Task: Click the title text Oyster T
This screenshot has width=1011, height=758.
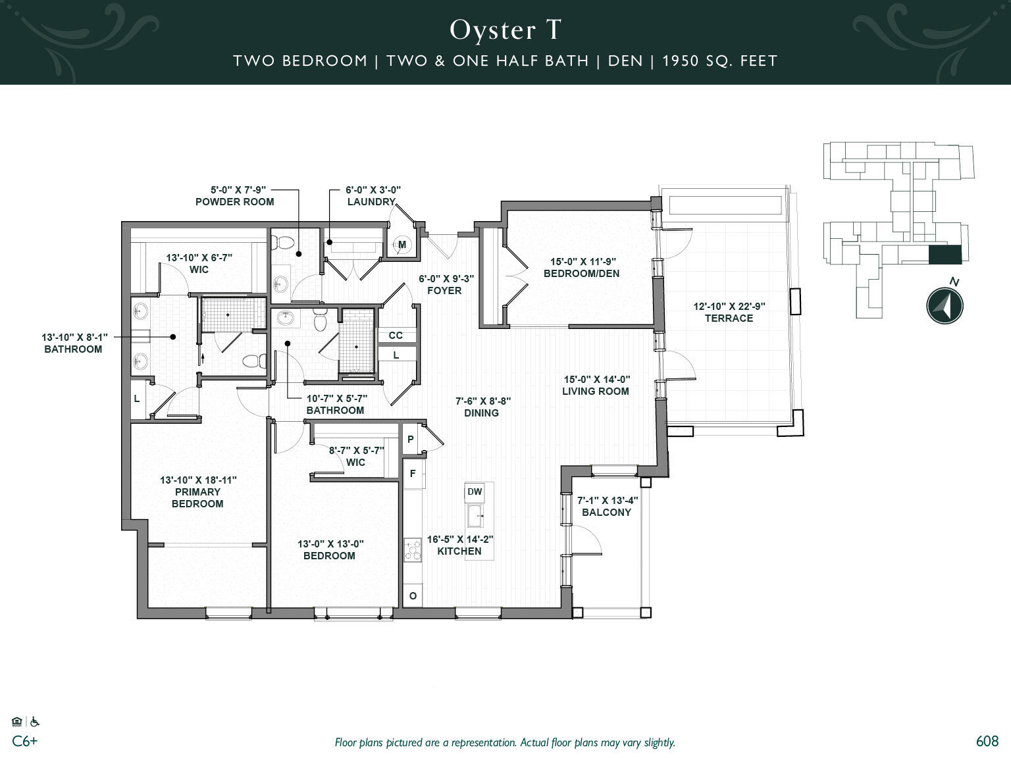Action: coord(505,30)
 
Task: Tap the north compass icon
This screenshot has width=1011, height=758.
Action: coord(945,305)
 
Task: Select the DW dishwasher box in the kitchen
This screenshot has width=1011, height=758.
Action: coord(475,492)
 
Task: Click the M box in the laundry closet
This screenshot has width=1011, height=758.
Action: coord(402,245)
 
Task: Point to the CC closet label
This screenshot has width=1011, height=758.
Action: coord(395,335)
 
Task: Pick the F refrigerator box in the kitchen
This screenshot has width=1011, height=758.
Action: coord(413,473)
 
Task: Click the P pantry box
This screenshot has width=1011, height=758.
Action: coord(410,439)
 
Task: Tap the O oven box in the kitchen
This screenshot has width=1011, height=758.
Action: coord(413,595)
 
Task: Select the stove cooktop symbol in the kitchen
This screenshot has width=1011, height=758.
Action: coord(413,550)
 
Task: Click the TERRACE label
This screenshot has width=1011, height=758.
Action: coord(729,318)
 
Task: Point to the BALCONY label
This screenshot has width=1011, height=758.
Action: coord(606,512)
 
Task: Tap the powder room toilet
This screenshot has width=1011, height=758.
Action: coord(284,242)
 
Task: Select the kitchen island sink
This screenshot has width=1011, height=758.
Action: coord(475,516)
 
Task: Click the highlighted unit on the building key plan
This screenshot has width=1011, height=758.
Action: coord(945,255)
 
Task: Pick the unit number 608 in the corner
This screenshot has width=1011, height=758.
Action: coord(987,741)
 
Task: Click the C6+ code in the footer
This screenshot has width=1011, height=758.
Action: coord(25,741)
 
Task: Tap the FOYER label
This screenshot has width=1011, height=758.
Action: coord(444,290)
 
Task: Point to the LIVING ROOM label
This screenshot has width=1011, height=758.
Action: coord(595,391)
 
